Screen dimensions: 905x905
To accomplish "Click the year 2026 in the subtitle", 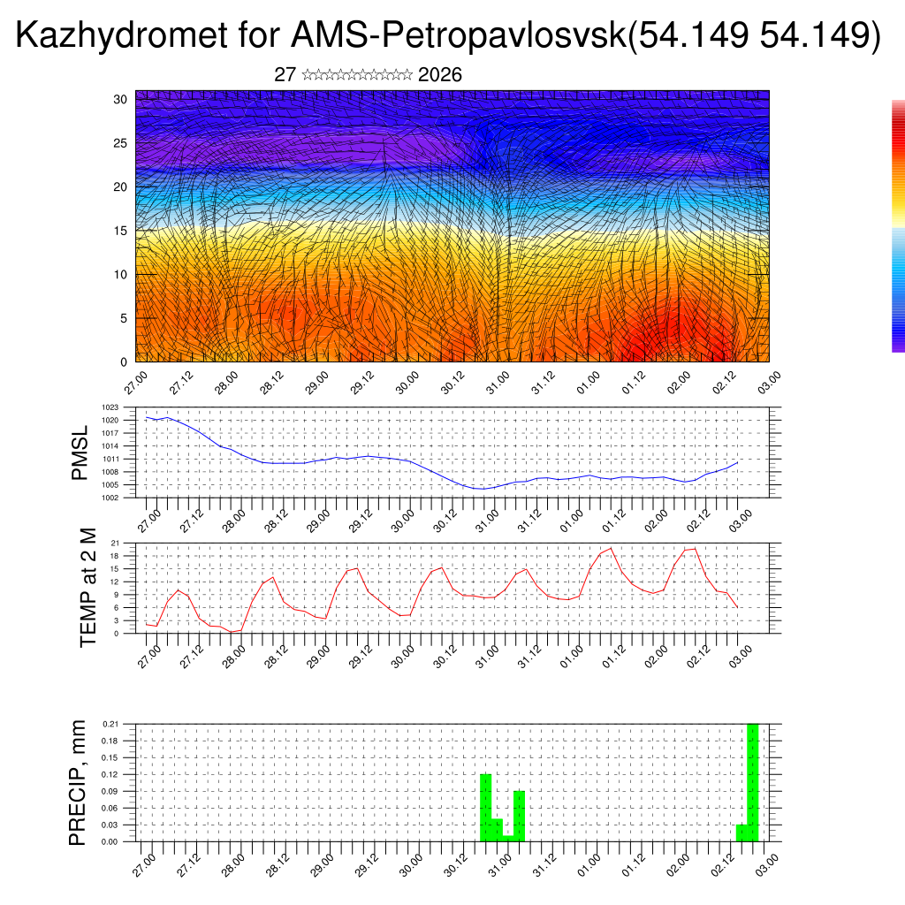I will point(440,75).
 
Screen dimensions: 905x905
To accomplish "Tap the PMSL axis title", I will point(80,452).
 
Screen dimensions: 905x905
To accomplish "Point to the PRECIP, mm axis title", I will point(78,781).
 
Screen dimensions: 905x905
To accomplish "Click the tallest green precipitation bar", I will point(753,782).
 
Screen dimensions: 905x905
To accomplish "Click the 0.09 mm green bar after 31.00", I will point(520,816).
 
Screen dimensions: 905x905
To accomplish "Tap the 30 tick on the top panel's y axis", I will point(121,99).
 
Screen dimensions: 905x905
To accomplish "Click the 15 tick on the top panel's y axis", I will point(121,231).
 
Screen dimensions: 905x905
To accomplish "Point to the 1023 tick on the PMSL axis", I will point(123,407).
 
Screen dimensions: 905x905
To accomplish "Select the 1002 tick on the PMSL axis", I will point(123,498).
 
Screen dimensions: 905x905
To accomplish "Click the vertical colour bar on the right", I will point(898,226).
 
